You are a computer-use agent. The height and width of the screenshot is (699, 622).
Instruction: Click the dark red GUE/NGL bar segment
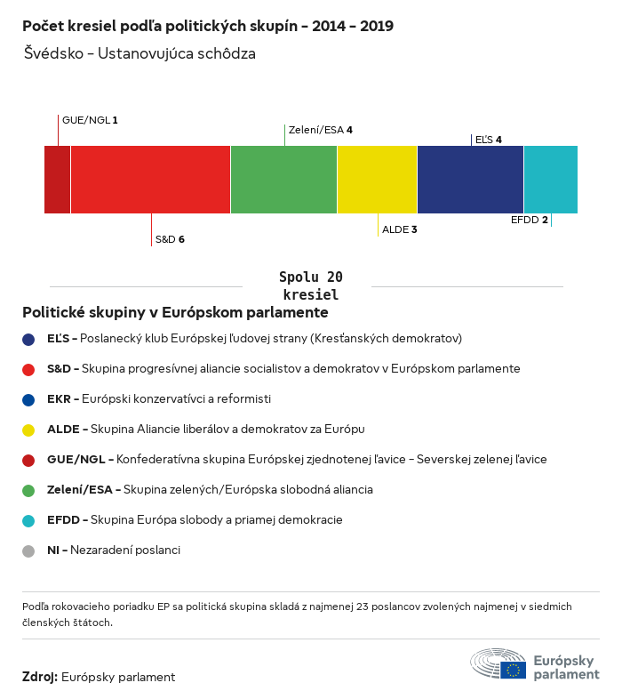pyautogui.click(x=57, y=180)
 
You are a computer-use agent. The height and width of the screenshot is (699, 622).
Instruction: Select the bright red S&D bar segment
pyautogui.click(x=150, y=180)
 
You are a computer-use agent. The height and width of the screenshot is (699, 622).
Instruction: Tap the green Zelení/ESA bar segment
pyautogui.click(x=283, y=180)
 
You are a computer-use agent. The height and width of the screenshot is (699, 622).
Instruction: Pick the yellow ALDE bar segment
pyautogui.click(x=377, y=180)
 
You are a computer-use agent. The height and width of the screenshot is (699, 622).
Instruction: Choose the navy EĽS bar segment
pyautogui.click(x=470, y=180)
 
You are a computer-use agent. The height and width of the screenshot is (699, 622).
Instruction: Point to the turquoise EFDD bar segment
pyautogui.click(x=550, y=180)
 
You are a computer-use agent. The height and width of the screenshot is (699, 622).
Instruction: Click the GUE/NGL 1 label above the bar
pyautogui.click(x=90, y=119)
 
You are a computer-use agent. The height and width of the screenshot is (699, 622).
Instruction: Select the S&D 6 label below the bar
pyautogui.click(x=170, y=239)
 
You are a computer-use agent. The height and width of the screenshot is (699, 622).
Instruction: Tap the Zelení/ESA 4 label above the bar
pyautogui.click(x=321, y=130)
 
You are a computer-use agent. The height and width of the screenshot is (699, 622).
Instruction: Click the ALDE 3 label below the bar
pyautogui.click(x=400, y=229)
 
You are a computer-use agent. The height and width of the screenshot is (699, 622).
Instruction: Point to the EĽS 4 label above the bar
pyautogui.click(x=489, y=140)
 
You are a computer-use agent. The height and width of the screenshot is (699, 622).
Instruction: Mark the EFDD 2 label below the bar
pyautogui.click(x=529, y=220)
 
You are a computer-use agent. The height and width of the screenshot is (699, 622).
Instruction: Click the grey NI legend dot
pyautogui.click(x=28, y=550)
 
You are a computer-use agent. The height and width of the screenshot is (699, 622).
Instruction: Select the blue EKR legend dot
pyautogui.click(x=28, y=399)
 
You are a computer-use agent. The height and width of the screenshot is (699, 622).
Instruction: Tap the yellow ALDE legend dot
pyautogui.click(x=28, y=430)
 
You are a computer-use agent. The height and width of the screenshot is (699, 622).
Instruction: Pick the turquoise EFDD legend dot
pyautogui.click(x=28, y=520)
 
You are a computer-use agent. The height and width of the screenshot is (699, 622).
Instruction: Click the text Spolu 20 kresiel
pyautogui.click(x=310, y=285)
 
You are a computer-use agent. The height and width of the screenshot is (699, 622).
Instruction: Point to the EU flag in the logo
pyautogui.click(x=513, y=670)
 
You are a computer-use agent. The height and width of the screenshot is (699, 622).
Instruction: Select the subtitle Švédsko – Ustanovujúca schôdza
pyautogui.click(x=140, y=53)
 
